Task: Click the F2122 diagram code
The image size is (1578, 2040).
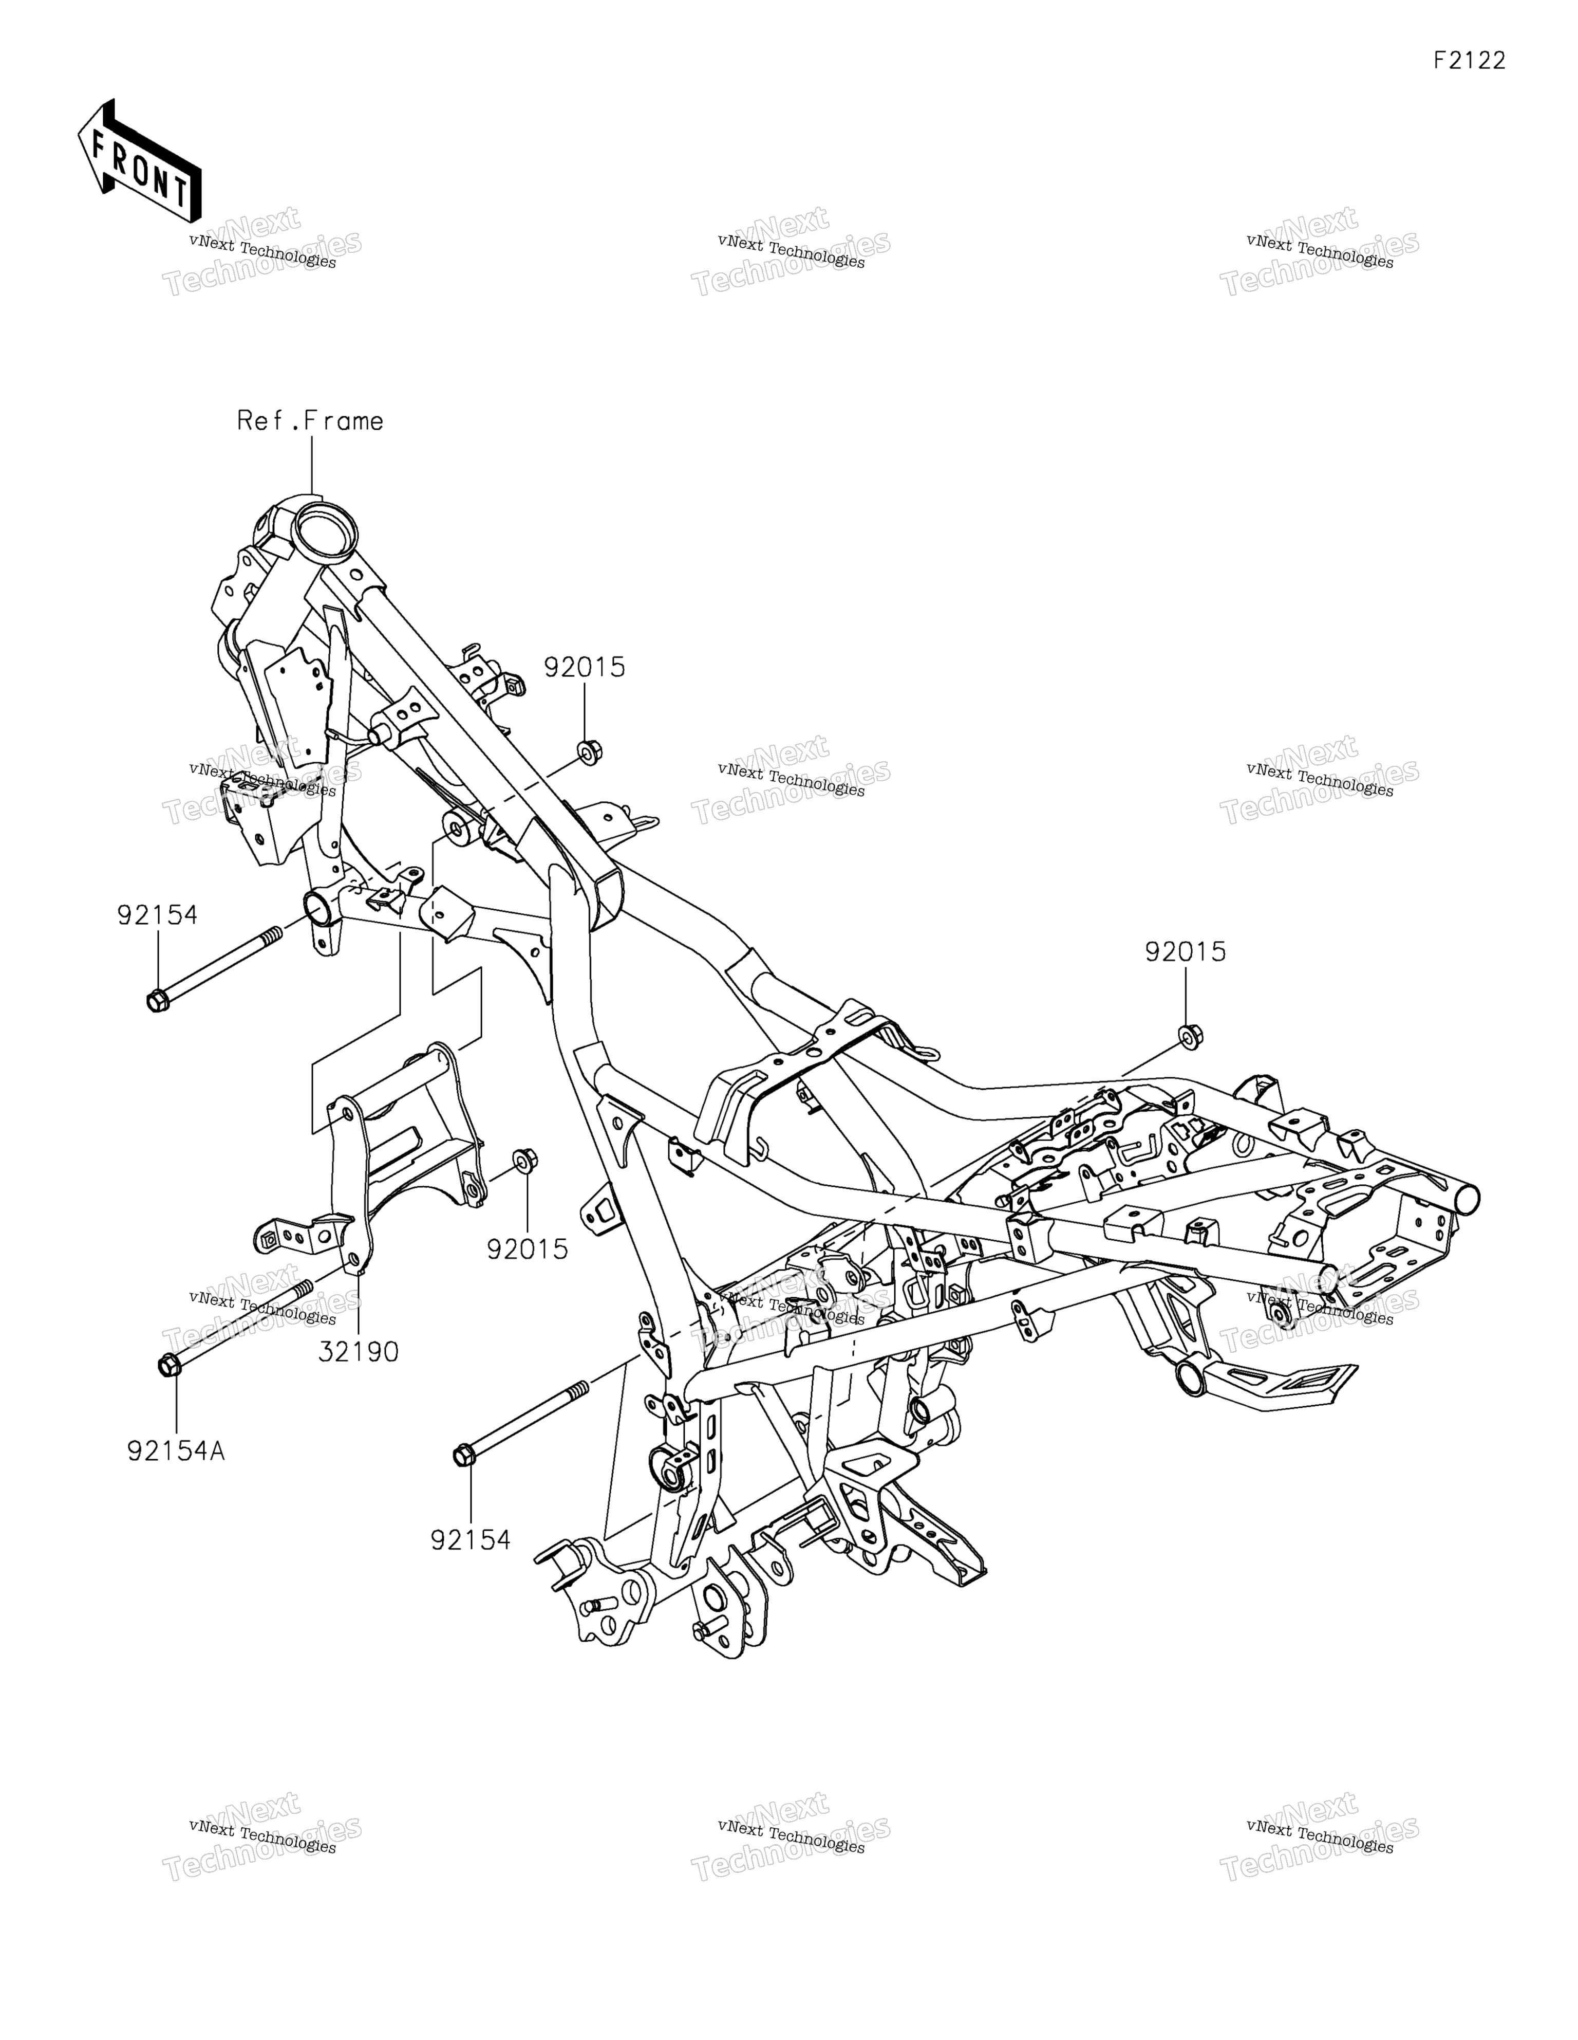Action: tap(1470, 61)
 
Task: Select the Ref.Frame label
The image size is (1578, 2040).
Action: tap(310, 421)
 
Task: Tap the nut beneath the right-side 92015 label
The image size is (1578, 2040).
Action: tap(1191, 1035)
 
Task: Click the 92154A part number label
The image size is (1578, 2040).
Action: tap(177, 1451)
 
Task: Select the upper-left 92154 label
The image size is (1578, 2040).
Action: tap(158, 915)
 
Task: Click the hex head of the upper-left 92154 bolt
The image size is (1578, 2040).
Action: tap(158, 1000)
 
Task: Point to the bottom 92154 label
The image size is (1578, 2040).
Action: tap(471, 1540)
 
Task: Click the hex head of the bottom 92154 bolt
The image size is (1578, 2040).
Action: tap(464, 1455)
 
